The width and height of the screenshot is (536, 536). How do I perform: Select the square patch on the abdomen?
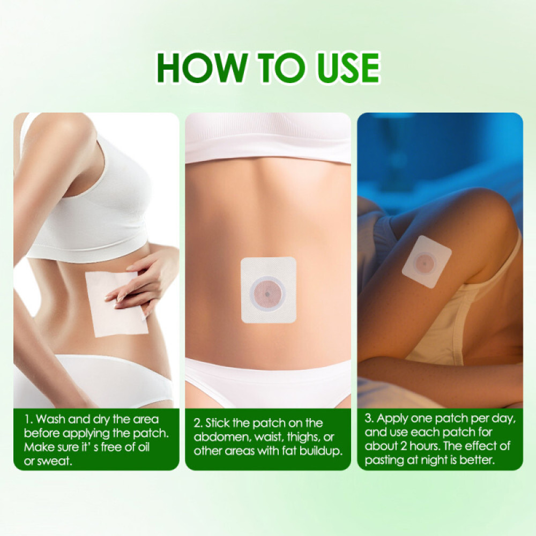tap(269, 290)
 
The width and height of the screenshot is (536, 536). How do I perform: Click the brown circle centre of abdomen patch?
tap(267, 293)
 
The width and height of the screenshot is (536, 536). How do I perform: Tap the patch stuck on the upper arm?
tap(427, 262)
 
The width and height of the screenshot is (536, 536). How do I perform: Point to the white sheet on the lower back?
tap(115, 303)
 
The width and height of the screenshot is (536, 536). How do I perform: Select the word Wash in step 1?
tap(53, 419)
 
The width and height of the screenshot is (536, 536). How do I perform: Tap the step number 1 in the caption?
tap(26, 419)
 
